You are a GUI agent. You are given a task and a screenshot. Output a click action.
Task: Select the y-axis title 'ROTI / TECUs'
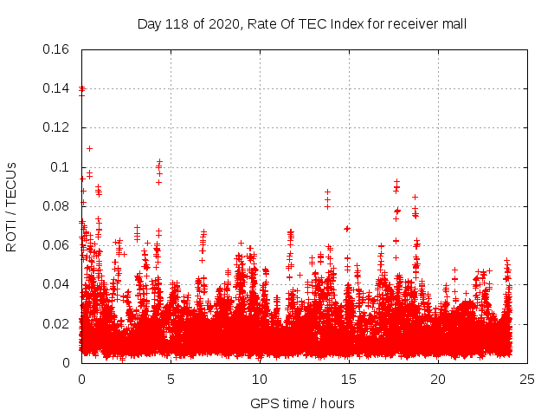tap(11, 206)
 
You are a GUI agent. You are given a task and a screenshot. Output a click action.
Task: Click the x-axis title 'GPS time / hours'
tap(302, 403)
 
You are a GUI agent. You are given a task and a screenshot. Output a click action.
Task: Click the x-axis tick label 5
tap(171, 380)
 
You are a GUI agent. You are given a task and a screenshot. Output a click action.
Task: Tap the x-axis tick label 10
tap(260, 380)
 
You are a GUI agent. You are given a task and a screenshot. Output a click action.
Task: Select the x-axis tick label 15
tap(349, 380)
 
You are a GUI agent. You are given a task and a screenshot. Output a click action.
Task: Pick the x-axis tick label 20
tap(438, 380)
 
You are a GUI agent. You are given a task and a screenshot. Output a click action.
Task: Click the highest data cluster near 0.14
tap(82, 88)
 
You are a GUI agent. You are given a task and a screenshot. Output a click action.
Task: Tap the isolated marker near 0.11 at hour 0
tap(89, 148)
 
